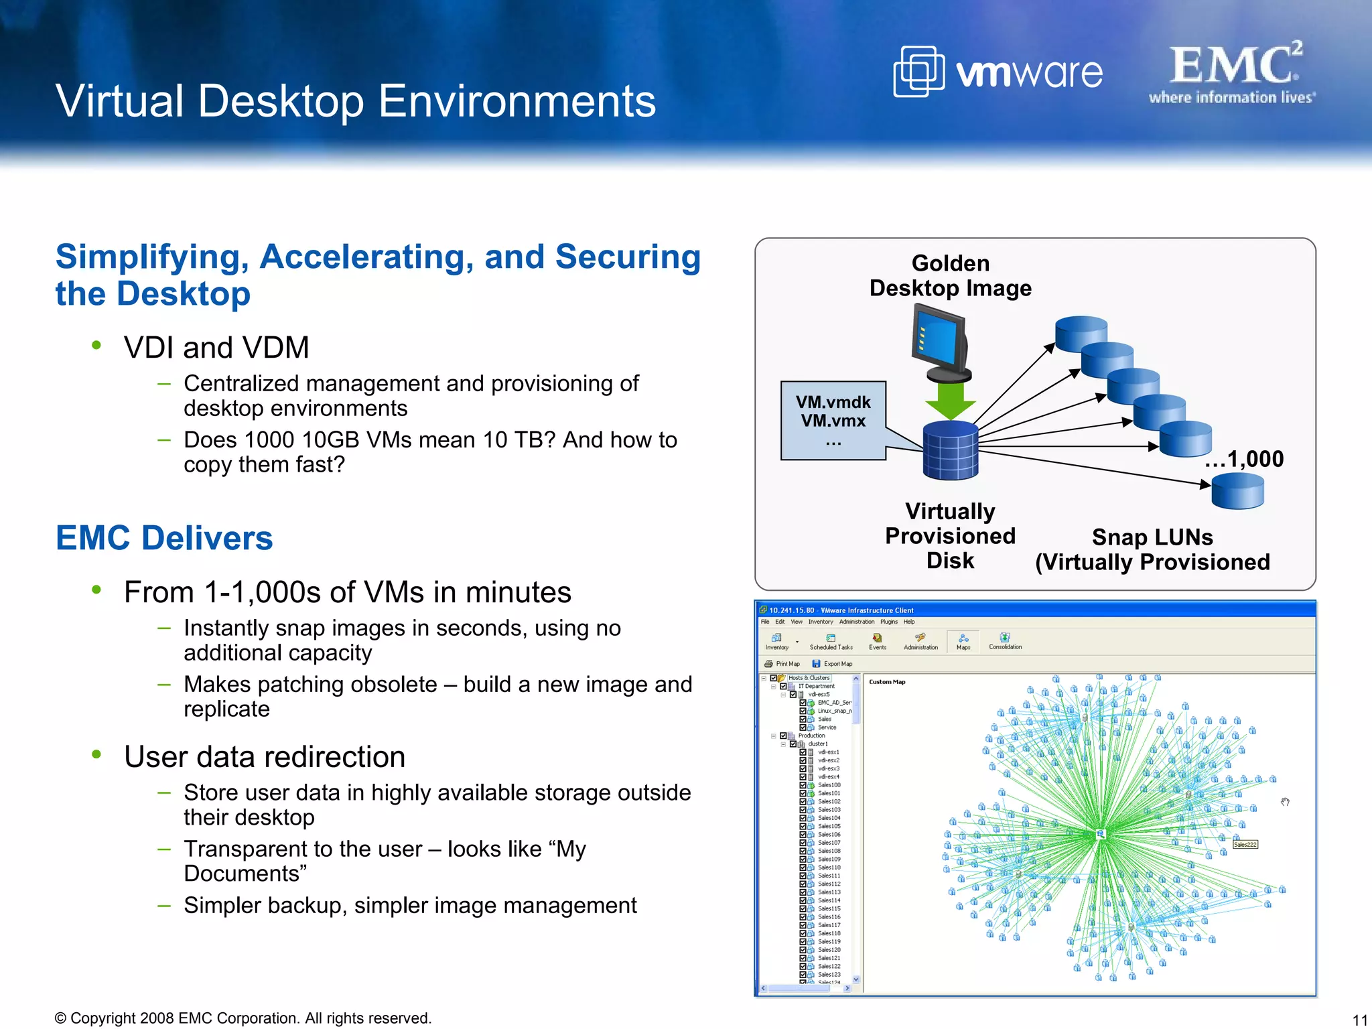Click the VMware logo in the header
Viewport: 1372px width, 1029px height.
click(998, 72)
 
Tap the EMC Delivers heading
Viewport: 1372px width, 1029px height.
click(164, 538)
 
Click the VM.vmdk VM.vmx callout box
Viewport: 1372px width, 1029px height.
click(833, 420)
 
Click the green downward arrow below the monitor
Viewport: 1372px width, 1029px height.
click(950, 400)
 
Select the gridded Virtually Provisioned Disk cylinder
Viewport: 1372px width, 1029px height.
click(951, 450)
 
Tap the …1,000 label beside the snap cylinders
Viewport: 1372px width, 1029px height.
click(1244, 459)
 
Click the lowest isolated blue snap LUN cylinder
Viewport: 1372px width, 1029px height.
click(1237, 491)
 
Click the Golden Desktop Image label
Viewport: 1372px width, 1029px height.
click(950, 275)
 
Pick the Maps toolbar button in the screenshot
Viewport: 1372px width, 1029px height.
click(963, 641)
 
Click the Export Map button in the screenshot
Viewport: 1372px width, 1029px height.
click(833, 664)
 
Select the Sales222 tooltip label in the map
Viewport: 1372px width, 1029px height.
click(1245, 844)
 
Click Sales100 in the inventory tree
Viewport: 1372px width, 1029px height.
click(829, 785)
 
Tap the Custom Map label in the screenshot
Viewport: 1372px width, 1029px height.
click(887, 682)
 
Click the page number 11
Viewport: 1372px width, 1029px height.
click(1359, 1020)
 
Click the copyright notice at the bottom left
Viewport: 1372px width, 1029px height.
click(243, 1018)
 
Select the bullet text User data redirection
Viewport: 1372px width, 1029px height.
click(265, 757)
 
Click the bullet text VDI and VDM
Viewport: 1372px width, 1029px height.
click(216, 348)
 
